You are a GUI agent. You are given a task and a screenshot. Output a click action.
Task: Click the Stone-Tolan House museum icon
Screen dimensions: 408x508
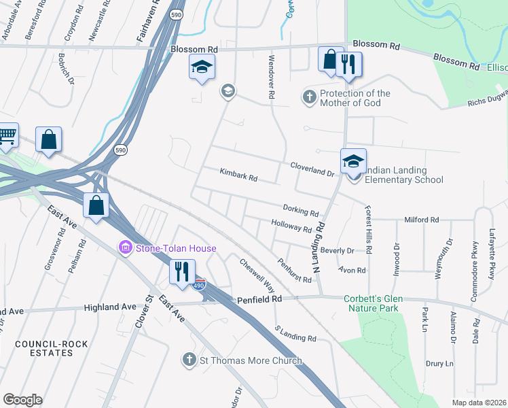point(126,249)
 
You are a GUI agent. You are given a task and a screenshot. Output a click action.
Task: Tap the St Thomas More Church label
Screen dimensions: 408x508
point(251,360)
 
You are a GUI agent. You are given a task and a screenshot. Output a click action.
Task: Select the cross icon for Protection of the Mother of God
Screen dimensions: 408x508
point(309,97)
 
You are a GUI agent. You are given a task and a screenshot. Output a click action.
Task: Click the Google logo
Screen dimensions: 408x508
point(22,400)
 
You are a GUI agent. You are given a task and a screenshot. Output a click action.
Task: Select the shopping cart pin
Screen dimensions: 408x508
point(7,137)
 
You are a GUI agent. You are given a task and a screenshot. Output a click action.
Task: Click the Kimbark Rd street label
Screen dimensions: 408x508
point(238,175)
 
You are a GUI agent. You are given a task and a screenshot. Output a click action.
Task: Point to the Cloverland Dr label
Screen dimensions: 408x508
point(313,169)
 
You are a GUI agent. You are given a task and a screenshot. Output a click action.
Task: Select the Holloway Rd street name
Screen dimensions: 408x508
point(291,226)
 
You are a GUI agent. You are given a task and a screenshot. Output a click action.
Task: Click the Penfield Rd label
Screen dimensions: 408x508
point(259,299)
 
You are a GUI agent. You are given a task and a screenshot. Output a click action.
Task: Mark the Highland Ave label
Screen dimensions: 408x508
point(111,307)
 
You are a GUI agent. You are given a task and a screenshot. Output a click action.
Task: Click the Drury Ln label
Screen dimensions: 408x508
point(439,364)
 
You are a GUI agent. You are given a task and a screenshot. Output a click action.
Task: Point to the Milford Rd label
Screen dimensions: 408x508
point(422,220)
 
